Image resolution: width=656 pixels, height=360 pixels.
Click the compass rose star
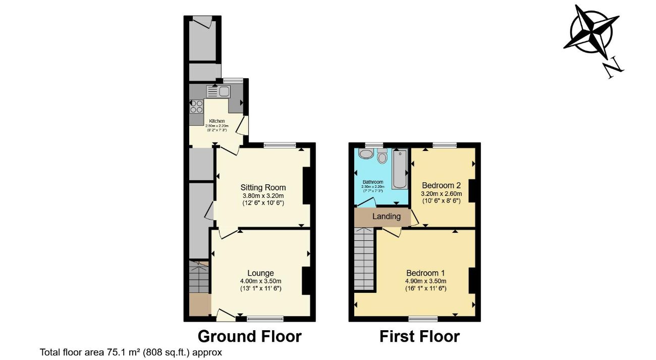591,31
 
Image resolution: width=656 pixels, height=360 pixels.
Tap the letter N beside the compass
613,67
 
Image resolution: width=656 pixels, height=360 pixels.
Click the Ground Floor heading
249,336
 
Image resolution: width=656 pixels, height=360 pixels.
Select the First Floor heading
419,336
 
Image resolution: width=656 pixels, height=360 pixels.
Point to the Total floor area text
131,352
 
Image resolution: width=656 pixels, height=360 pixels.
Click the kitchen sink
218,91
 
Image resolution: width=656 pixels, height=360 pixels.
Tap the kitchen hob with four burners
196,107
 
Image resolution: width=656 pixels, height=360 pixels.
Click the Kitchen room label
217,121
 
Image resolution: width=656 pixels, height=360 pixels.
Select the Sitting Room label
263,187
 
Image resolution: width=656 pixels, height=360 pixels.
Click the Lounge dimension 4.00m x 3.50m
260,281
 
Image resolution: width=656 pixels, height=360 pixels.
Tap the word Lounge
260,273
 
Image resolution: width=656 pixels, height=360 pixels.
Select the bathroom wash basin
365,153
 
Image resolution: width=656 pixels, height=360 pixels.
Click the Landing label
386,217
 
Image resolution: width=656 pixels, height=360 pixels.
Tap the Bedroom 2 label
441,185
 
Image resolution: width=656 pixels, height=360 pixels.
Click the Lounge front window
265,319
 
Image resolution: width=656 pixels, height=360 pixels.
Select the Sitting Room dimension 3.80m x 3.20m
263,196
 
